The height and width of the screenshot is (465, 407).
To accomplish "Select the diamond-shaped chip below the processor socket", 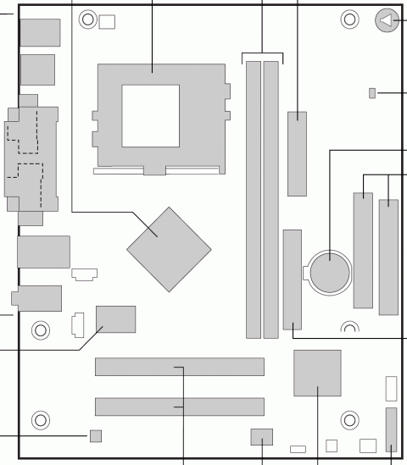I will [169, 247].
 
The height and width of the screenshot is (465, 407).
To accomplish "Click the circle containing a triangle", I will [387, 22].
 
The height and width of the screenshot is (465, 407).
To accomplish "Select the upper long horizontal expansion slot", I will [179, 367].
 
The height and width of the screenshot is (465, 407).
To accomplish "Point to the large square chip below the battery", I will [317, 373].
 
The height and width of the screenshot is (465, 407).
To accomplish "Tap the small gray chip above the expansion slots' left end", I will [117, 318].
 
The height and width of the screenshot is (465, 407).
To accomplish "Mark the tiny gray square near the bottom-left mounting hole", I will [96, 435].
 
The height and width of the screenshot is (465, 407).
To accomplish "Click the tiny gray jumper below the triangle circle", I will [373, 91].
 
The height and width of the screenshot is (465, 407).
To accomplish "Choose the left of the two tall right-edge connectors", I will [363, 251].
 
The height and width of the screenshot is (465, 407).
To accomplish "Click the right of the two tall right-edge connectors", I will [389, 254].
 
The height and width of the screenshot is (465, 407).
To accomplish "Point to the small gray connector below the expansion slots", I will [262, 436].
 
